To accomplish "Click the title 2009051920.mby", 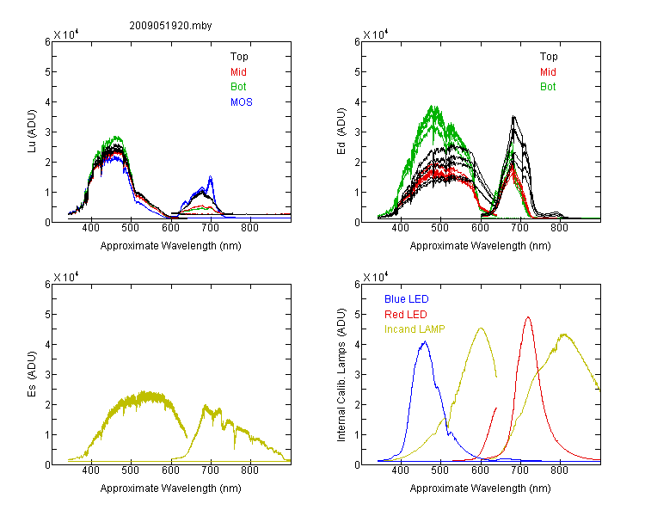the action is click(170, 26).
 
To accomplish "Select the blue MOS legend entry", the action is click(242, 102).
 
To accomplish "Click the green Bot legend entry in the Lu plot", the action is click(238, 87).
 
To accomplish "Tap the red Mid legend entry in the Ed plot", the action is click(548, 72).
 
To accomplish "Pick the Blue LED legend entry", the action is click(407, 299).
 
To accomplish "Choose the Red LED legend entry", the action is click(406, 315).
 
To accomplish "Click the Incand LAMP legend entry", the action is click(415, 329).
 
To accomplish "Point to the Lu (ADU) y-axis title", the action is click(32, 132).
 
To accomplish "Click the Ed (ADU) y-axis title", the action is click(341, 132).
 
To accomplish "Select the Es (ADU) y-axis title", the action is click(32, 374).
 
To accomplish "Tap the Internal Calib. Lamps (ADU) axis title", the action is click(341, 374).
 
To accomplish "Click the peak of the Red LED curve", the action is click(528, 317).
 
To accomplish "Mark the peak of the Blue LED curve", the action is click(425, 341).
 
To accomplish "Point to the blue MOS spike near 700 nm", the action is click(211, 176).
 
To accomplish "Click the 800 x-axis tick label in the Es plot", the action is click(249, 470).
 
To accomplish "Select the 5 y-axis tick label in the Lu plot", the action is click(47, 72).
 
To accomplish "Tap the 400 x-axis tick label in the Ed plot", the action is click(400, 228).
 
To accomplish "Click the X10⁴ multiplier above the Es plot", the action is click(66, 277).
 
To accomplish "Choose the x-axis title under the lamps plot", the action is click(480, 488).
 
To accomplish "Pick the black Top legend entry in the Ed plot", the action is click(549, 57).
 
